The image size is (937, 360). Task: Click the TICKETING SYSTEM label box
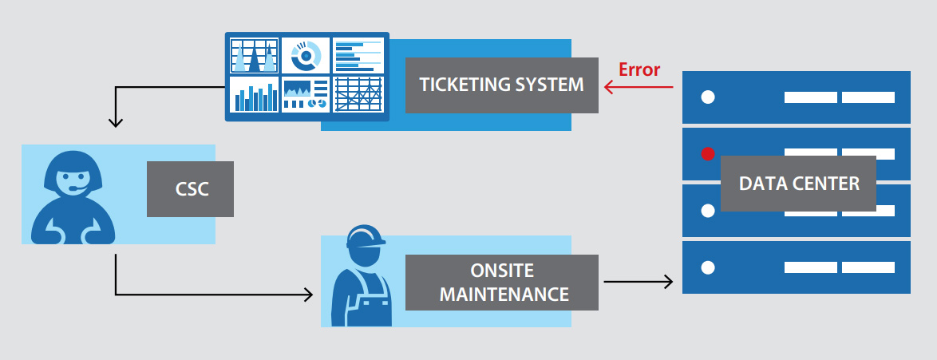coord(501,85)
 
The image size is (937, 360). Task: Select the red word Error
coord(639,69)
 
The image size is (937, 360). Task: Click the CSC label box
coord(190,189)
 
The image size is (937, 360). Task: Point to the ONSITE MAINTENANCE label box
coord(501,282)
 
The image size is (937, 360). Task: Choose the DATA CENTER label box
coord(798,184)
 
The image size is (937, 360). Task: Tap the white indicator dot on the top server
coord(707,97)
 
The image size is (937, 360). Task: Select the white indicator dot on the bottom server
coord(707,267)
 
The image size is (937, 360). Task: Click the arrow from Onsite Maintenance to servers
coord(639,281)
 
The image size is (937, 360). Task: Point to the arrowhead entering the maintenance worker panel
coord(307,295)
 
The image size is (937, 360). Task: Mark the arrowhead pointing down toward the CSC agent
coord(117,122)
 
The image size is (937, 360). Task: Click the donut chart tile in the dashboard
coord(305,55)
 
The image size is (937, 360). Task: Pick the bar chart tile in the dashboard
coord(254,95)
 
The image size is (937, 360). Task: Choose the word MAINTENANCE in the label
coord(504,294)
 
